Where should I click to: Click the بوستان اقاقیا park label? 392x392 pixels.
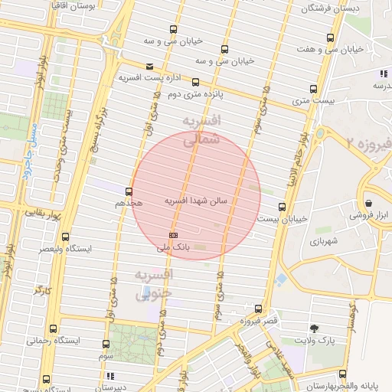point(90,5)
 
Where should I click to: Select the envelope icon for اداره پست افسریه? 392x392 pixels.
point(149,67)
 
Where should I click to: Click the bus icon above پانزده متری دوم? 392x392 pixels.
point(195,82)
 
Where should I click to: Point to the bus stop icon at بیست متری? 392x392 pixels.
point(313,89)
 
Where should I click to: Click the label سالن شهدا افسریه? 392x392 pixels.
point(197,201)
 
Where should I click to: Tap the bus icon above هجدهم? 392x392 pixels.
point(128,192)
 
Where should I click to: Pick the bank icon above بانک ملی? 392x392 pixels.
point(173,235)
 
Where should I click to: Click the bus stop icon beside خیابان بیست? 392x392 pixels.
point(283,207)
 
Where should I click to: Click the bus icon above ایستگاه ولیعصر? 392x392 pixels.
point(65,237)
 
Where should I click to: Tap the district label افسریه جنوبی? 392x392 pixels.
point(154,283)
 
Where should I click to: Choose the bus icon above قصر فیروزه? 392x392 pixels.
point(258,309)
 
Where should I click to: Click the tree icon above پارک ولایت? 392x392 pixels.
point(316,327)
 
